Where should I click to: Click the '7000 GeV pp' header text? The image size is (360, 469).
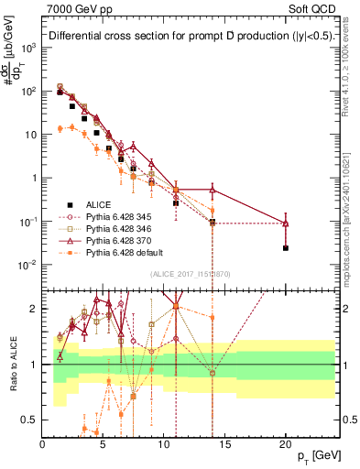tap(72, 9)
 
